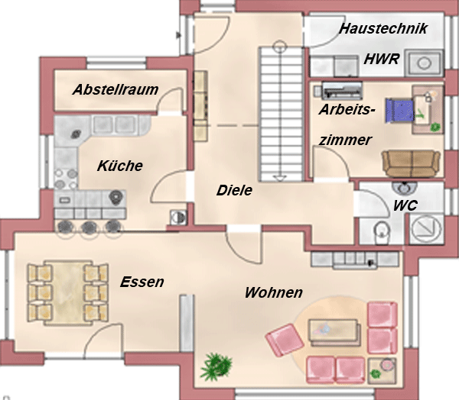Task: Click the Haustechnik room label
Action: [x=383, y=29]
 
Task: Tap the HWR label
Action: [x=382, y=59]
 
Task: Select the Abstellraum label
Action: [x=116, y=89]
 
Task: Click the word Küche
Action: [x=120, y=166]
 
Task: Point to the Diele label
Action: [x=234, y=191]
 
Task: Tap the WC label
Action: [x=405, y=205]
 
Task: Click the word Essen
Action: [x=142, y=282]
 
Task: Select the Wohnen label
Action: [x=274, y=292]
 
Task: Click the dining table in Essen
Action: [x=68, y=293]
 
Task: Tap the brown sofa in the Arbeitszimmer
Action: [x=411, y=163]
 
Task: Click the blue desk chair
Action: [x=399, y=110]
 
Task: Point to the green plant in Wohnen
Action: [x=216, y=366]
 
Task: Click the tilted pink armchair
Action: [x=285, y=340]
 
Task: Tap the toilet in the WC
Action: [x=382, y=232]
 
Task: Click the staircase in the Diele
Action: [x=281, y=114]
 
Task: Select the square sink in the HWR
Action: [x=424, y=63]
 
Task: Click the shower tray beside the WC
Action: [x=426, y=229]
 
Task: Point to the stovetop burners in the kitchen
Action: [x=66, y=179]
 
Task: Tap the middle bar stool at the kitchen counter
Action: [x=89, y=227]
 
